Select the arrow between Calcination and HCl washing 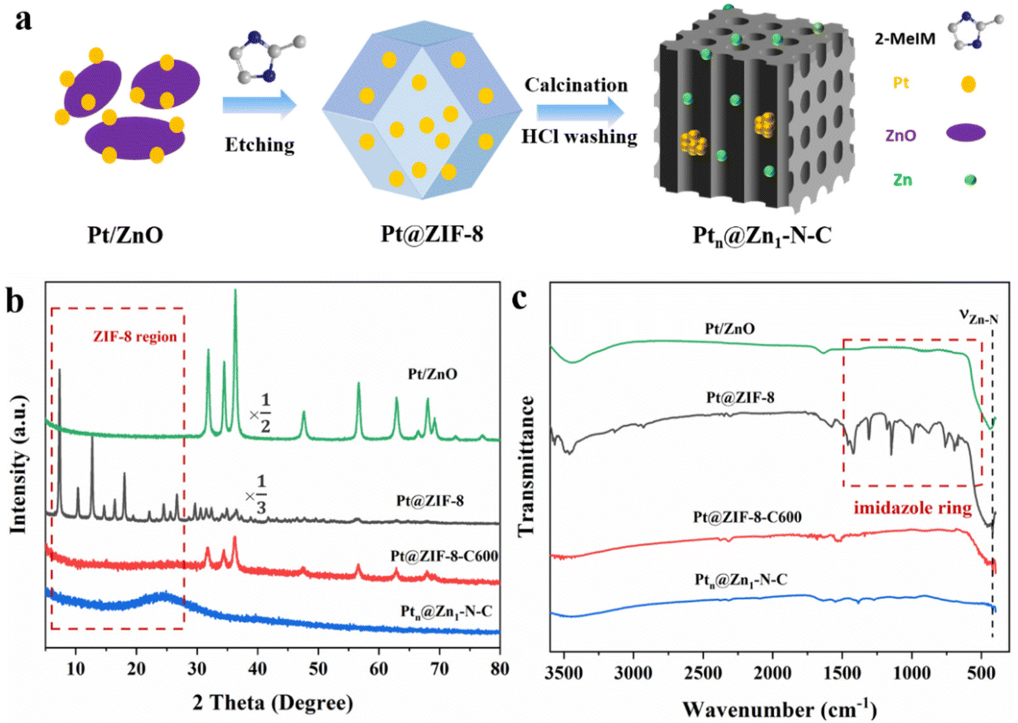(579, 111)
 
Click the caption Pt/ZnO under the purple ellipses (125, 235)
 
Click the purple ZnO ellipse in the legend (965, 133)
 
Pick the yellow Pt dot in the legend (968, 84)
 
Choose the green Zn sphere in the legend (970, 180)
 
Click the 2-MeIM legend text (905, 39)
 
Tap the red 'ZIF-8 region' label (135, 336)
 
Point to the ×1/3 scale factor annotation (256, 494)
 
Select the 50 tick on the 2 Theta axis (318, 669)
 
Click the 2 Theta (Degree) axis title (272, 702)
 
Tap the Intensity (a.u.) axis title (19, 464)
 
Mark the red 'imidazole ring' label (912, 508)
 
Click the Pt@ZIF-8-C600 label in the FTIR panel (747, 517)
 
